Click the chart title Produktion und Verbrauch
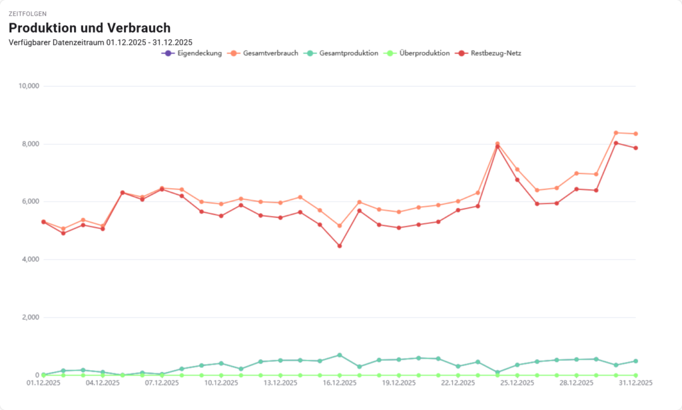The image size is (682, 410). point(89,28)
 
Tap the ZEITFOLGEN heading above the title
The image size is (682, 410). point(27,13)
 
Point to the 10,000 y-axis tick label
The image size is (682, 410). point(29,86)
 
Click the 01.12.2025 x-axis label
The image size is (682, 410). point(44,383)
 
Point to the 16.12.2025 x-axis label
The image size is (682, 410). point(340,383)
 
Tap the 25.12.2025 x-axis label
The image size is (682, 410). point(517,383)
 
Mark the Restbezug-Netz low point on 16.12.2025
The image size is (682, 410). point(340,246)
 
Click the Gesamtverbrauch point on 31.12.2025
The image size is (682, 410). point(636,134)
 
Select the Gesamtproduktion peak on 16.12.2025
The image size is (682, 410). point(340,355)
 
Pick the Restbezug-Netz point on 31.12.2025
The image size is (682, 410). point(636,148)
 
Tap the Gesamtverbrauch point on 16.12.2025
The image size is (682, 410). point(340,226)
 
